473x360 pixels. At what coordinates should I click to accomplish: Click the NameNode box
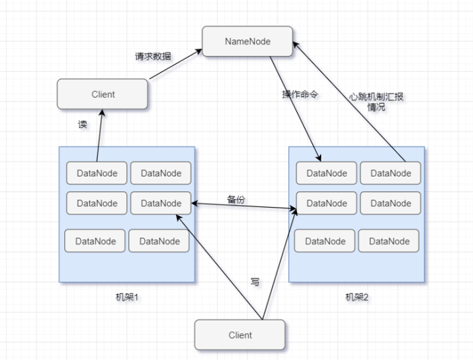pos(247,41)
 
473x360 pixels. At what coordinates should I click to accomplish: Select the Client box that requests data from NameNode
pos(102,94)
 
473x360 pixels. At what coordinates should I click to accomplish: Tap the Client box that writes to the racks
pos(240,334)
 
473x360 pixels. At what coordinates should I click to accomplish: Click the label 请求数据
pos(152,56)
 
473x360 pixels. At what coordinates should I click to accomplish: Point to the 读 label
pos(82,124)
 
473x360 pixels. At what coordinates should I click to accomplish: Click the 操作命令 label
pos(300,95)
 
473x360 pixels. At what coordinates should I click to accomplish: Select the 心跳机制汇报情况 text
pos(376,102)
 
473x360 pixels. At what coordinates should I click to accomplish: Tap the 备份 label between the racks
pos(236,199)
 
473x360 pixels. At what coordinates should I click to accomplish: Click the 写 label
pos(255,282)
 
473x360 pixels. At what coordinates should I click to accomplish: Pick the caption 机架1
pos(127,297)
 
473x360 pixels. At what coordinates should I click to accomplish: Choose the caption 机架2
pos(357,297)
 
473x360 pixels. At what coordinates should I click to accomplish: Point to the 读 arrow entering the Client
pos(99,135)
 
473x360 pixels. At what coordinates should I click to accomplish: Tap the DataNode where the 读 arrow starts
pos(97,173)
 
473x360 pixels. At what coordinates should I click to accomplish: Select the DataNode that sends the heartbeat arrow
pos(390,173)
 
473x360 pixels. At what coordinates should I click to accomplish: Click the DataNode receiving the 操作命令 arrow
pos(327,173)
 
